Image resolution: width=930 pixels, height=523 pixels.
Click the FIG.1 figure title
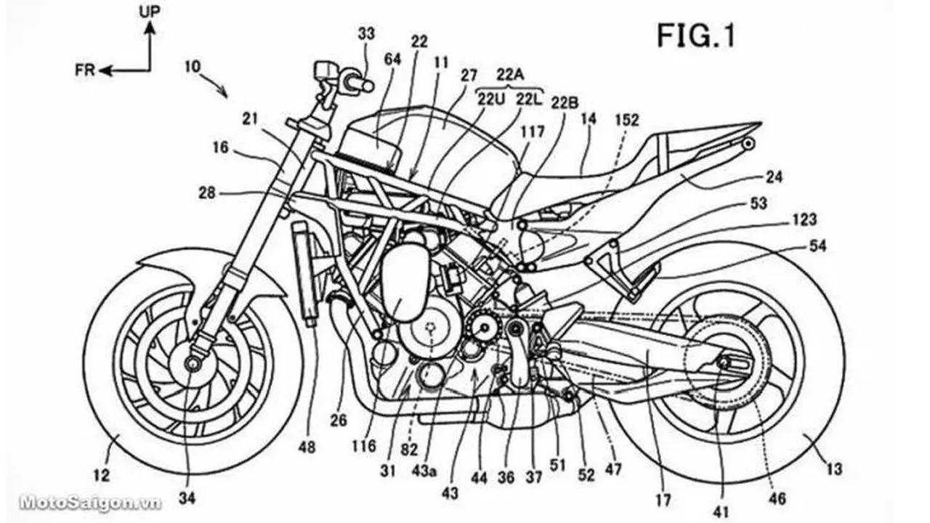coord(696,36)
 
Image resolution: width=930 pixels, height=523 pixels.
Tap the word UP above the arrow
coord(150,12)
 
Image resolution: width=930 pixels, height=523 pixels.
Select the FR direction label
coord(85,70)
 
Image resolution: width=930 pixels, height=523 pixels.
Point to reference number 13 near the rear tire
coord(833,469)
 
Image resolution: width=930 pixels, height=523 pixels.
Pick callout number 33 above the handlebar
coord(366,33)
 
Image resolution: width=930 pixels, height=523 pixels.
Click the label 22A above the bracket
coord(510,74)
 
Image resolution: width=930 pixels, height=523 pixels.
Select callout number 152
coord(626,120)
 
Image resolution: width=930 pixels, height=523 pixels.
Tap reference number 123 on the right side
coord(804,219)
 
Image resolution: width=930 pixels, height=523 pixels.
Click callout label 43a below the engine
coord(424,471)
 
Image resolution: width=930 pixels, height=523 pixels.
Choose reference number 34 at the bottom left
coord(187,498)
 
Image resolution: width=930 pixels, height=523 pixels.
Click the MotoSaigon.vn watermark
coord(89,503)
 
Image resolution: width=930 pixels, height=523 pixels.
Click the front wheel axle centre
coord(193,364)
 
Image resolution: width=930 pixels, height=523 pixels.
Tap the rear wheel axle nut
coord(724,362)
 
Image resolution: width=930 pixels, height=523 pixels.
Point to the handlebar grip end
coord(368,86)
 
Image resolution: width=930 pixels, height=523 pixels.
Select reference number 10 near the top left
coord(193,67)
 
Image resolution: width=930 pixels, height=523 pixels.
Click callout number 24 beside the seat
coord(773,177)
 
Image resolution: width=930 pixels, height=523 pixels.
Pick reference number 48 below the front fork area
coord(307,448)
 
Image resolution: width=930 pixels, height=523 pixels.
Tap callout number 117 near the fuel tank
coord(532,132)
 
